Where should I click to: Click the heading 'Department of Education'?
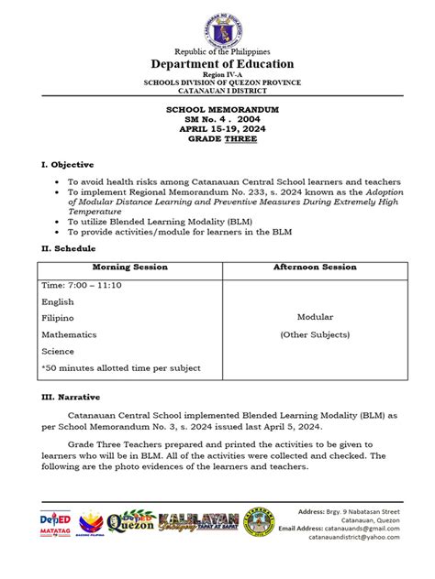tap(217, 64)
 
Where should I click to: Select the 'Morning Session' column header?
tap(129, 268)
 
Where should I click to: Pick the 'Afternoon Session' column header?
tap(314, 268)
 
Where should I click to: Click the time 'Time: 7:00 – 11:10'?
tap(82, 285)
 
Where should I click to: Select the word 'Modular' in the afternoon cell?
tap(314, 317)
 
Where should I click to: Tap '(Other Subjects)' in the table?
tap(314, 334)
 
